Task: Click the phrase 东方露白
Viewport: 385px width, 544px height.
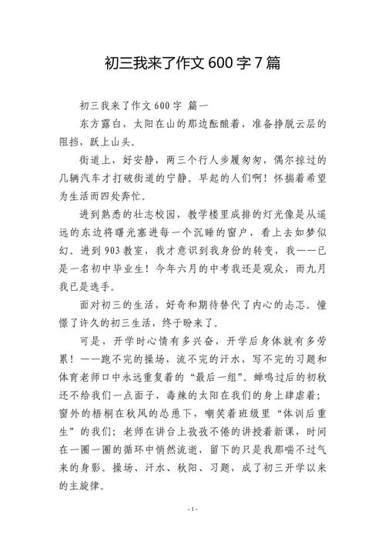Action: (102, 123)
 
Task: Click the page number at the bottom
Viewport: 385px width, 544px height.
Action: (192, 531)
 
